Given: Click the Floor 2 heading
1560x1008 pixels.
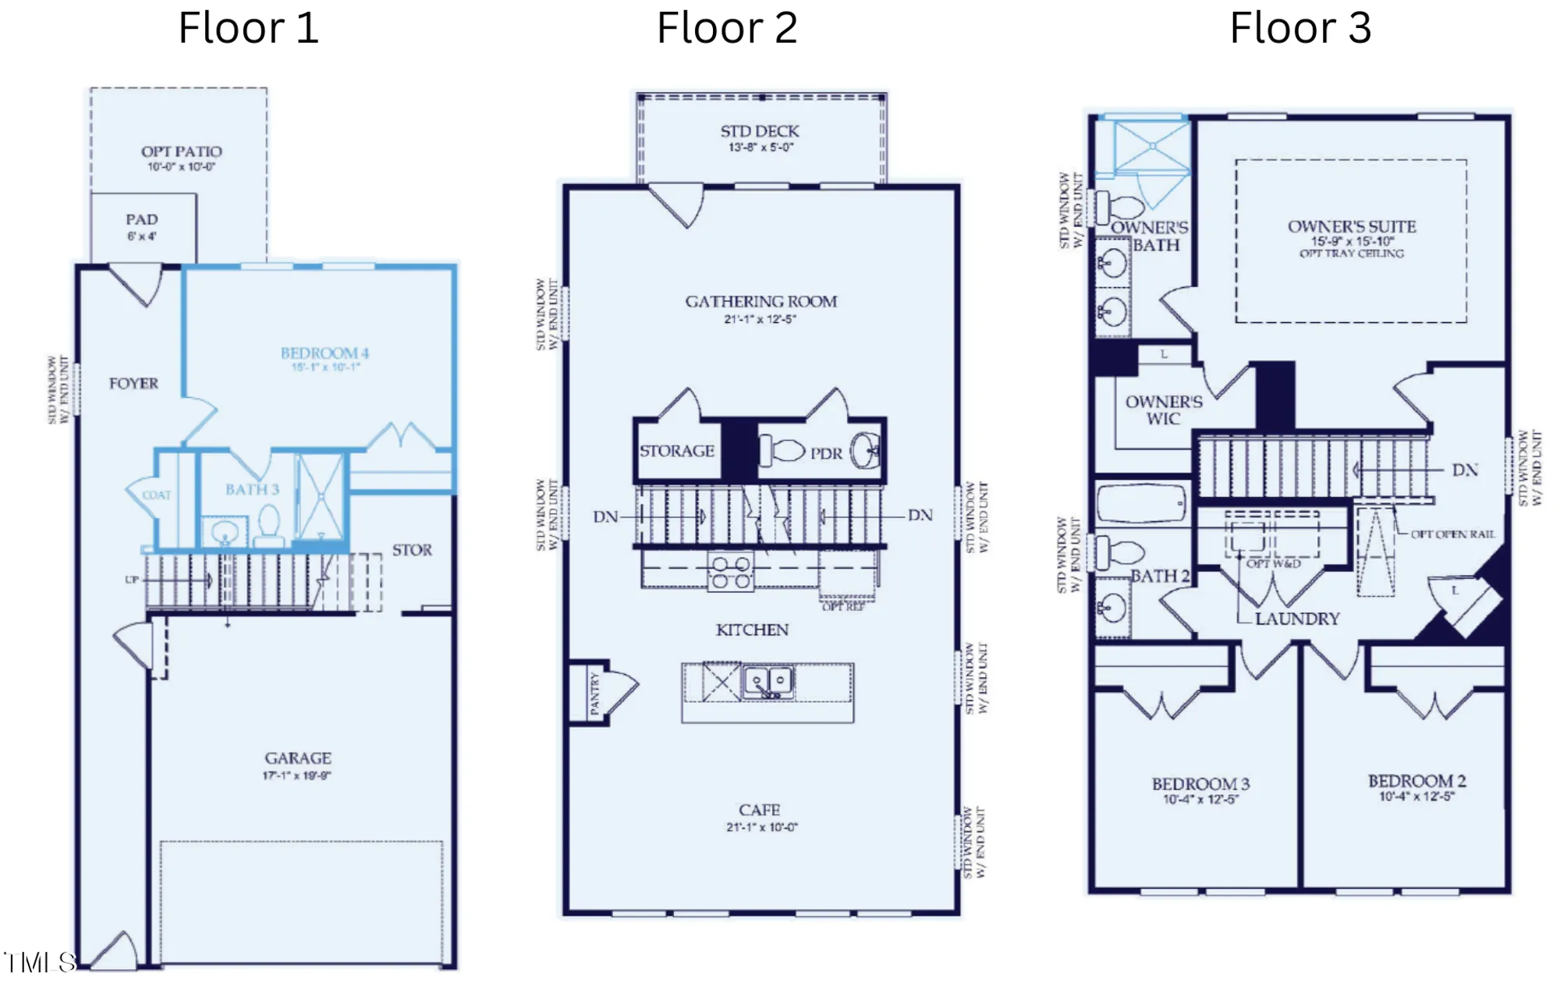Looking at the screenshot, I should coord(726,29).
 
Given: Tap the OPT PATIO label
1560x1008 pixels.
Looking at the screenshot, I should coord(181,151).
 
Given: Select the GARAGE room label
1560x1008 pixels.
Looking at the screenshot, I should coord(297,758).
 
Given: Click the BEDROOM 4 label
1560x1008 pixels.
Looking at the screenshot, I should coord(324,353).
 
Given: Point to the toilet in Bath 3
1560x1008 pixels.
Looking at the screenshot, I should coord(269,526).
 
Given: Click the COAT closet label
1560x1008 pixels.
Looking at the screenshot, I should coord(156,495).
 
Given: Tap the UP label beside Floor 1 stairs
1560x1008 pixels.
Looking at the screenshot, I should coord(132,580).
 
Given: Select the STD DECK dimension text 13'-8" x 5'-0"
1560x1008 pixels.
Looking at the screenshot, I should coord(760,147).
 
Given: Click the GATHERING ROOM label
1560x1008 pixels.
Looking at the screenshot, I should coord(760,301).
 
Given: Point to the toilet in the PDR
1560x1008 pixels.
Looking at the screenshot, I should coord(784,450).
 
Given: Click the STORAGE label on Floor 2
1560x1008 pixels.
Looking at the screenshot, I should coord(676,451).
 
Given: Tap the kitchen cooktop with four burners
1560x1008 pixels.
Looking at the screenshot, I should coord(731,573).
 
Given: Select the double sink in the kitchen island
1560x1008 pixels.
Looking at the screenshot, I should coord(768,682).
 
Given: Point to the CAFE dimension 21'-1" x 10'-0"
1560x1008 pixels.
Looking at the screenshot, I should coord(761,827).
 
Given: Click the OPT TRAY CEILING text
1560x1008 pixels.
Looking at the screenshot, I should coord(1351,254).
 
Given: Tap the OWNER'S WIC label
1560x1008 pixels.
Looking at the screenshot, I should coord(1163,410).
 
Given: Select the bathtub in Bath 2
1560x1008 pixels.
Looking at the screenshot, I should coord(1141,503).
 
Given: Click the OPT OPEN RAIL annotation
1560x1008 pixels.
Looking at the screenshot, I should coord(1452,534).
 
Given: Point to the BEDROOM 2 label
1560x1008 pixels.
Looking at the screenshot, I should coord(1416,781).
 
